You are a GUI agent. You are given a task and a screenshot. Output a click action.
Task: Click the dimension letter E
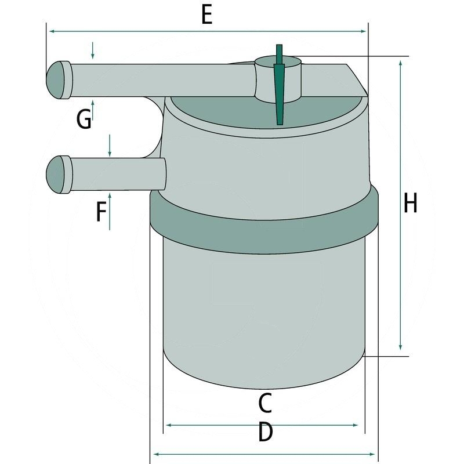click(x=206, y=15)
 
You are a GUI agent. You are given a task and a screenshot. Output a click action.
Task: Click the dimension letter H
click(x=411, y=204)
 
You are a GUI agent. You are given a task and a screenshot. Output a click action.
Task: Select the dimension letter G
click(x=84, y=119)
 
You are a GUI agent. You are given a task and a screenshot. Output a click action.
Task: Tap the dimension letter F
click(x=101, y=212)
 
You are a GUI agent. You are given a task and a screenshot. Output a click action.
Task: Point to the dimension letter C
click(x=264, y=402)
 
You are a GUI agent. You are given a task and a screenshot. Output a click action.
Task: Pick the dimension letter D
click(x=264, y=432)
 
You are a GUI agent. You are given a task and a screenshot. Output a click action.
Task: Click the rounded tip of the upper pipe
click(x=56, y=79)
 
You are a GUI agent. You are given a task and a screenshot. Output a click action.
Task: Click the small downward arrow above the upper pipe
click(x=92, y=54)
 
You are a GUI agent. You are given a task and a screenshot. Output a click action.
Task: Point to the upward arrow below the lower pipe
click(x=109, y=200)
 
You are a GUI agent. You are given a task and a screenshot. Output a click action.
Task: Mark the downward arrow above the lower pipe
click(x=109, y=151)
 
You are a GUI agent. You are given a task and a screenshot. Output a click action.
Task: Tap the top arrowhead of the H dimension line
click(x=401, y=63)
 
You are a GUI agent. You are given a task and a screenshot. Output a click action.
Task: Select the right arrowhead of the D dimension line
click(x=372, y=454)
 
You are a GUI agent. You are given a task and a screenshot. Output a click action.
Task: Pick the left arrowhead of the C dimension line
click(x=169, y=426)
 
